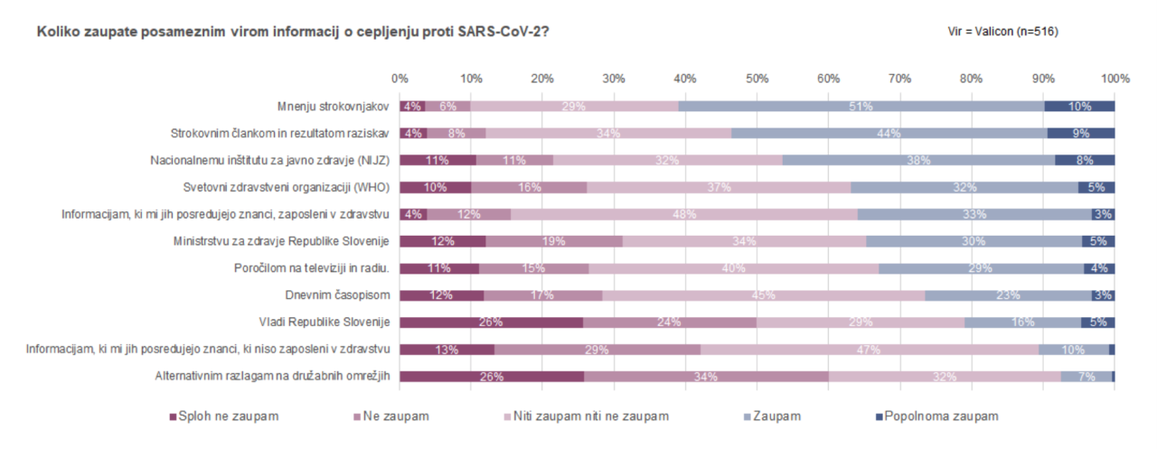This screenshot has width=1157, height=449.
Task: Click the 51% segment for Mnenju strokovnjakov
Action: pos(861,107)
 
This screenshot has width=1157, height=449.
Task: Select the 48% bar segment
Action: pos(683,214)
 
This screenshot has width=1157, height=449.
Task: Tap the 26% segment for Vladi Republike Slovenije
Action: pos(491,323)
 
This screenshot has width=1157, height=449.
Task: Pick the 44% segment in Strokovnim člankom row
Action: pos(889,134)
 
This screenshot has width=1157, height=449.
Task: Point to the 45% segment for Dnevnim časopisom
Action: pos(764,295)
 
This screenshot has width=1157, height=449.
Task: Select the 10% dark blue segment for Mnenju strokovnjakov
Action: pos(1079,107)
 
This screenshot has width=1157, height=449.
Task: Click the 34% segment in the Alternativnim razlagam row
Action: pos(706,377)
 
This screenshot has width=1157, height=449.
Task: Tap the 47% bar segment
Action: pos(870,350)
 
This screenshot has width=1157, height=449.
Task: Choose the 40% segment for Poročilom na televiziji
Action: pos(733,268)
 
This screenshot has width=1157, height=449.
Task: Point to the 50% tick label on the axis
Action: pos(757,79)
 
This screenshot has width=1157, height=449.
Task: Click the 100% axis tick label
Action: pos(1115,79)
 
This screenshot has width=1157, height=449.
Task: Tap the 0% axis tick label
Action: pos(400,79)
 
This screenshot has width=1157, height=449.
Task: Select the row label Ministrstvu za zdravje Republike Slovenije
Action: pos(280,241)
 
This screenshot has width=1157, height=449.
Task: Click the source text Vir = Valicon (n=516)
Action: pos(1003,32)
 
